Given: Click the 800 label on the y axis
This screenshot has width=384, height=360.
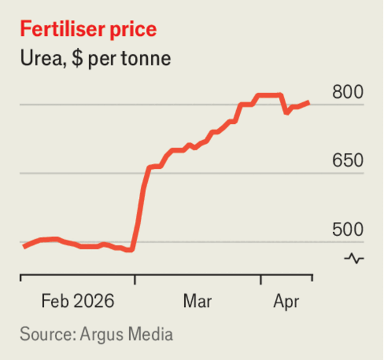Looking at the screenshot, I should tap(348, 92).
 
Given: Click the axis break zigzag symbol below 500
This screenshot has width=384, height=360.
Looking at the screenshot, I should tap(355, 258).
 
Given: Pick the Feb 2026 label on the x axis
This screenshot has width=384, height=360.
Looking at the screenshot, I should tap(77, 300).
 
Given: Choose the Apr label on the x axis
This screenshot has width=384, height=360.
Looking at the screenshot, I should tap(286, 300).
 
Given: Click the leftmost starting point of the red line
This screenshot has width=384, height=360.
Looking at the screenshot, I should tap(24, 247).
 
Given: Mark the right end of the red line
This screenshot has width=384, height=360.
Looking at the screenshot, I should tap(310, 102).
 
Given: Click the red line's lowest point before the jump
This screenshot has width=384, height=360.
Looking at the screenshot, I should tap(131, 250).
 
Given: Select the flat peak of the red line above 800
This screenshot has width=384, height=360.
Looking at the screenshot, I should tap(269, 95).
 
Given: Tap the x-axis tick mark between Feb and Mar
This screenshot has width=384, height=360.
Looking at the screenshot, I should tap(134, 279).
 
